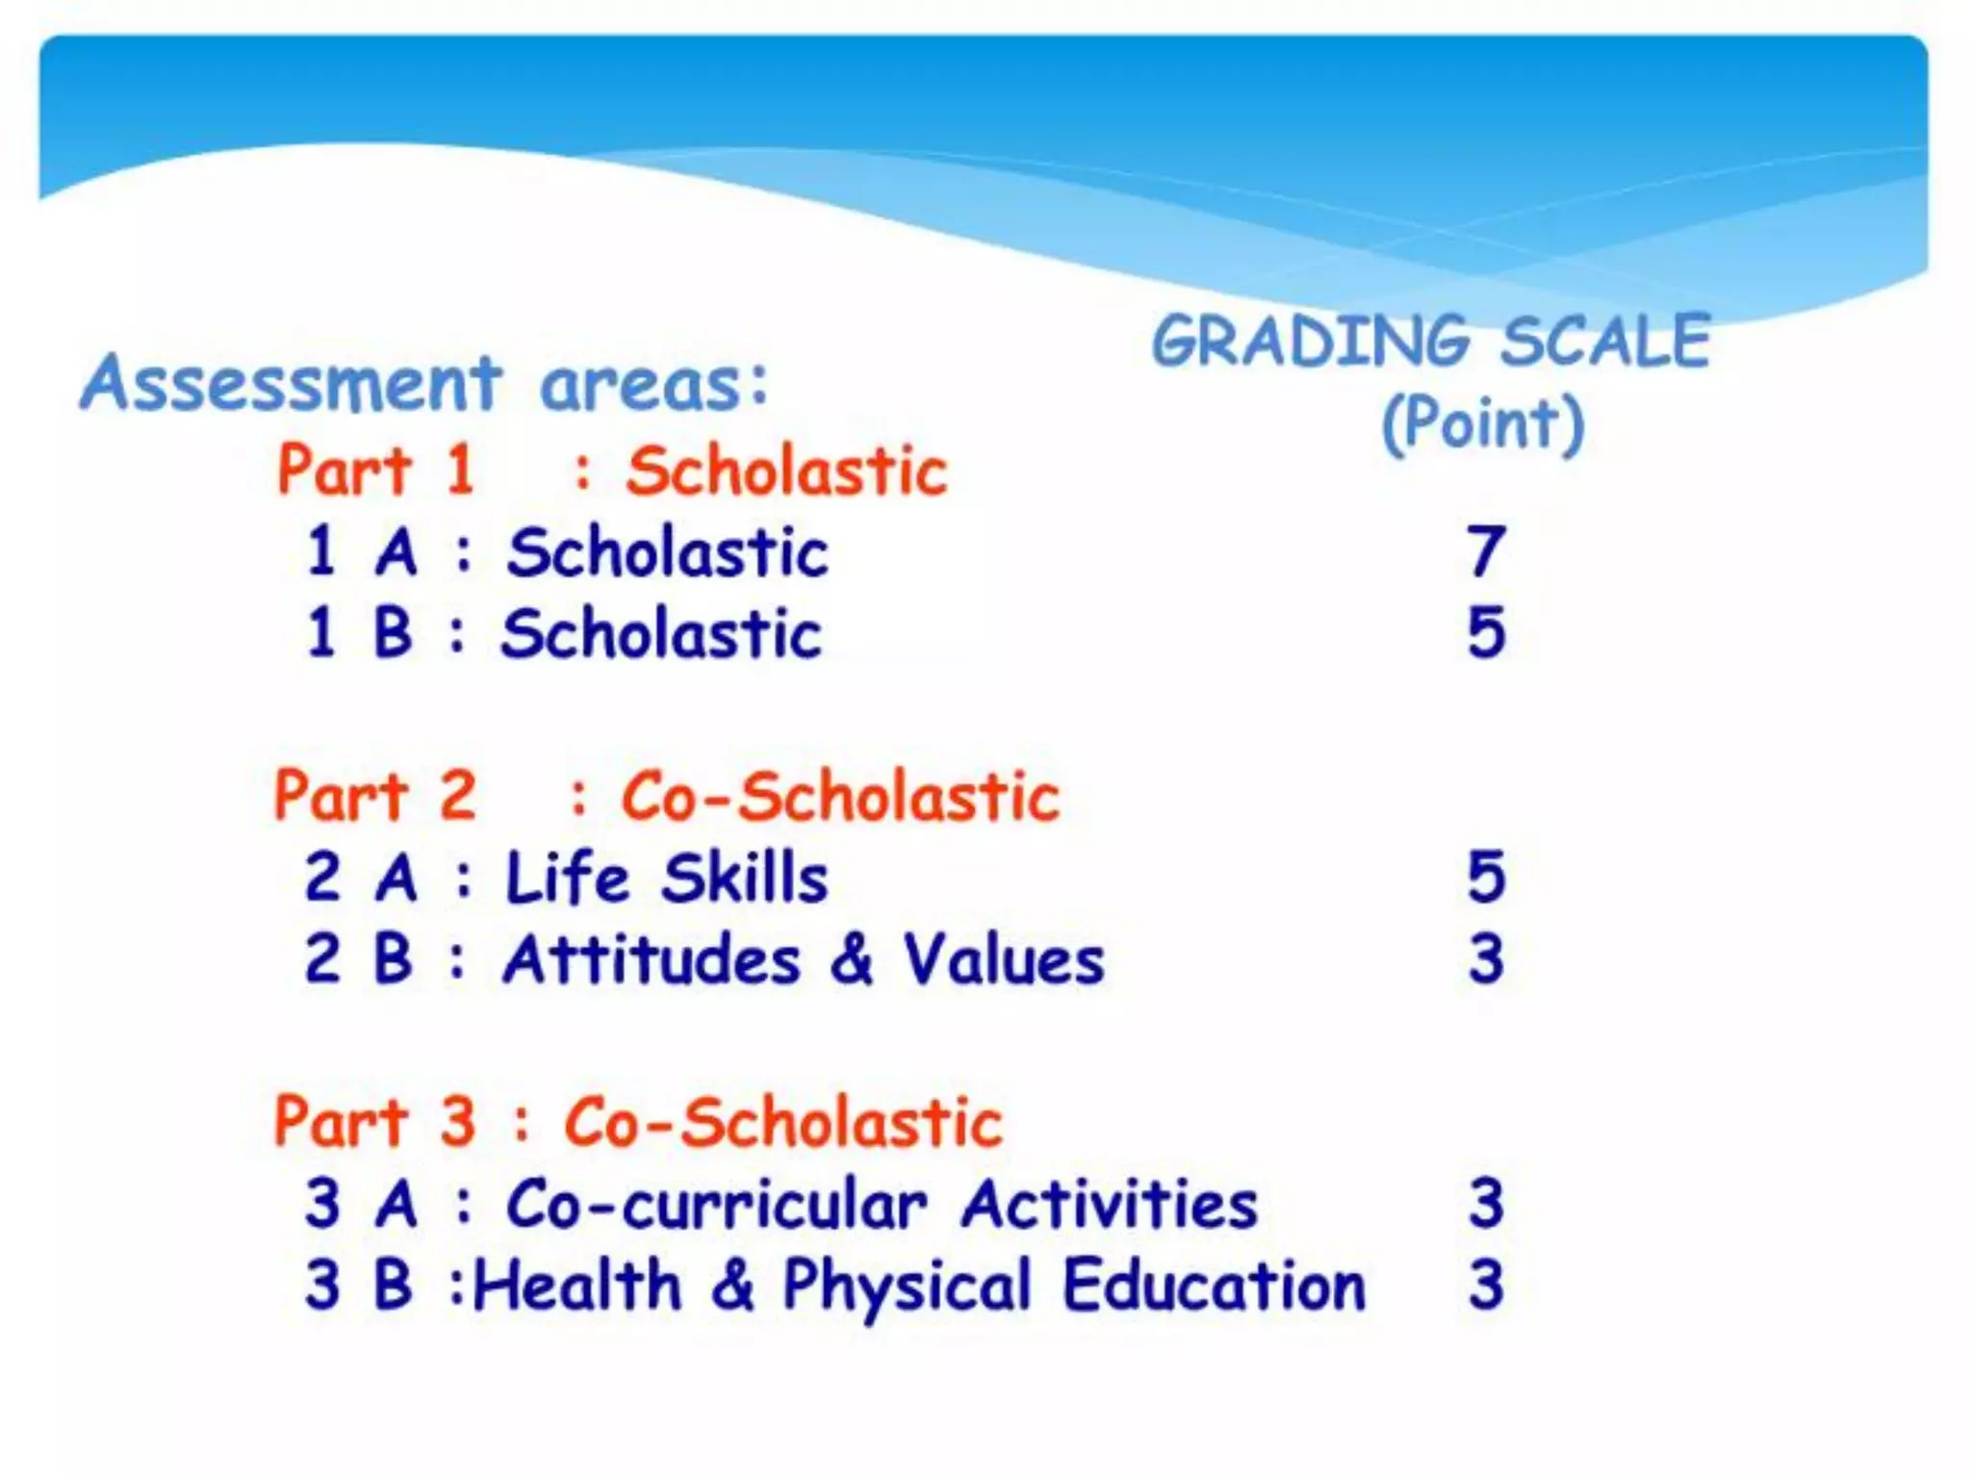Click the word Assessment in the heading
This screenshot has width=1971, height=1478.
point(291,383)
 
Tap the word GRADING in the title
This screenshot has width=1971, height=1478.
point(1310,342)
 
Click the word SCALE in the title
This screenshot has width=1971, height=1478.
point(1605,342)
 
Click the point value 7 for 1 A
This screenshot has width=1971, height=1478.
point(1486,551)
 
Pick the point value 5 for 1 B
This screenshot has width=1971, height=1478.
point(1486,632)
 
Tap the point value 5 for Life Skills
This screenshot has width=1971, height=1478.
point(1486,877)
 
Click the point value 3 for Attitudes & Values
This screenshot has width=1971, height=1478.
point(1486,958)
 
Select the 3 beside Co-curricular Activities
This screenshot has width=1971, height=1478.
point(1486,1203)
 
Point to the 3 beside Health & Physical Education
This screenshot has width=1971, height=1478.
point(1486,1285)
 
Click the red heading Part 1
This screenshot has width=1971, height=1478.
point(375,470)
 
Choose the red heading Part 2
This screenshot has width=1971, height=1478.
point(375,796)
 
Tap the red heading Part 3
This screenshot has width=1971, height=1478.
point(375,1122)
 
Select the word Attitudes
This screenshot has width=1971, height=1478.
point(652,960)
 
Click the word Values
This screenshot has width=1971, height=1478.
point(1004,960)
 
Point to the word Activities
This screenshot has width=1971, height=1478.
point(1109,1204)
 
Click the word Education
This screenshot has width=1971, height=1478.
point(1214,1286)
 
